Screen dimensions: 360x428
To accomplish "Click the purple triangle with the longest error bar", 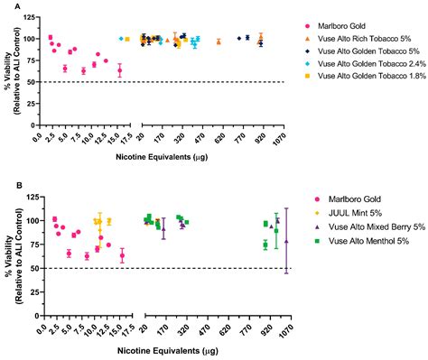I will click(286, 241).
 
